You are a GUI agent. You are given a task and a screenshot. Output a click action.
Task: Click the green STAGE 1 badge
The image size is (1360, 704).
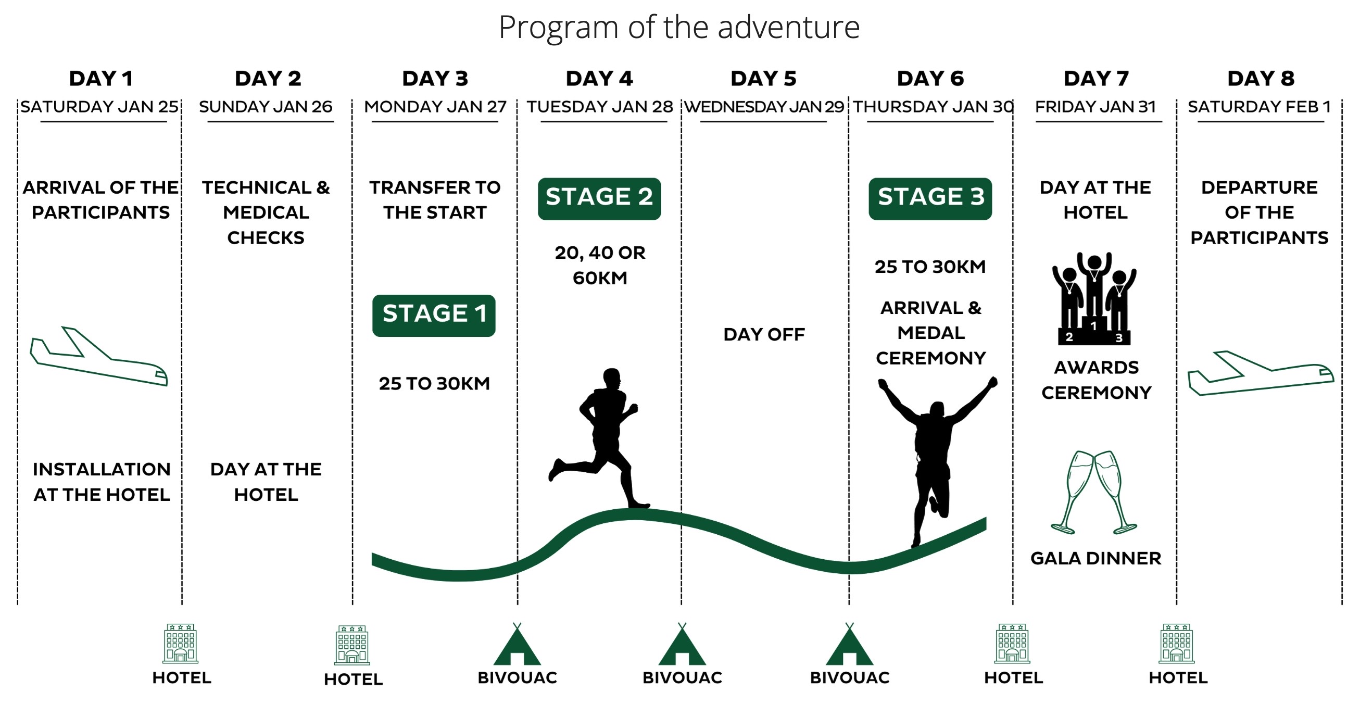click(433, 316)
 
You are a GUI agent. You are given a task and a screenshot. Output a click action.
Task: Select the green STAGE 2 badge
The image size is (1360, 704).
click(599, 198)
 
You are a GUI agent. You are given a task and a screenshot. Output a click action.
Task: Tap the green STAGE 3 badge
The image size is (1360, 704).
click(930, 198)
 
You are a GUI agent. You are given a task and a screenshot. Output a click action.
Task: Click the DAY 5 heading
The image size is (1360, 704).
click(763, 79)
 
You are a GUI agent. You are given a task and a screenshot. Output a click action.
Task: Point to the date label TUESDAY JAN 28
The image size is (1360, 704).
click(600, 107)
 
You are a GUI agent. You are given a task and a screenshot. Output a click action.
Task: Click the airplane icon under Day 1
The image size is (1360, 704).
click(99, 357)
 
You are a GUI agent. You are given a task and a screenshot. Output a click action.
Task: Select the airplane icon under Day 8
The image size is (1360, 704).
click(1260, 373)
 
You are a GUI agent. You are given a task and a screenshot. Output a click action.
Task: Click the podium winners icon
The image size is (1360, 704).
click(1094, 298)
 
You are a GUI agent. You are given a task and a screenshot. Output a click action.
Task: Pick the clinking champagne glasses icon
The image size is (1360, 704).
click(1093, 492)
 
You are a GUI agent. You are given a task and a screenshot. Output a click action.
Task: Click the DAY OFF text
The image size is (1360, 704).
click(764, 334)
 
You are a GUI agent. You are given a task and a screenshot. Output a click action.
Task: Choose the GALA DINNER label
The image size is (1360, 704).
click(1095, 558)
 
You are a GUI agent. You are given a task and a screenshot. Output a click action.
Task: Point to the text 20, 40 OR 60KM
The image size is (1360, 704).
click(600, 265)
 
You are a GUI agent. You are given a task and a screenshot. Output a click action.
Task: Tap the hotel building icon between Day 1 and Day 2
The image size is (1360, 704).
click(181, 643)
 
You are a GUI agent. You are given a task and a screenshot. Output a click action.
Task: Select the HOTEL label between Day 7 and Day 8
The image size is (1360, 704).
click(1178, 677)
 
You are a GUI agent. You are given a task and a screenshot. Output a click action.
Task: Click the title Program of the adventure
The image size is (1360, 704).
click(679, 28)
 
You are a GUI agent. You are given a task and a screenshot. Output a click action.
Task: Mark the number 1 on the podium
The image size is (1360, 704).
click(1094, 326)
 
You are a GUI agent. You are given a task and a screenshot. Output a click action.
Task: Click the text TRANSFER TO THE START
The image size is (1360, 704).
click(435, 199)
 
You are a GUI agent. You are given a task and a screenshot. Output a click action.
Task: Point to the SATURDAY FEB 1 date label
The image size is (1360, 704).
click(1259, 107)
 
